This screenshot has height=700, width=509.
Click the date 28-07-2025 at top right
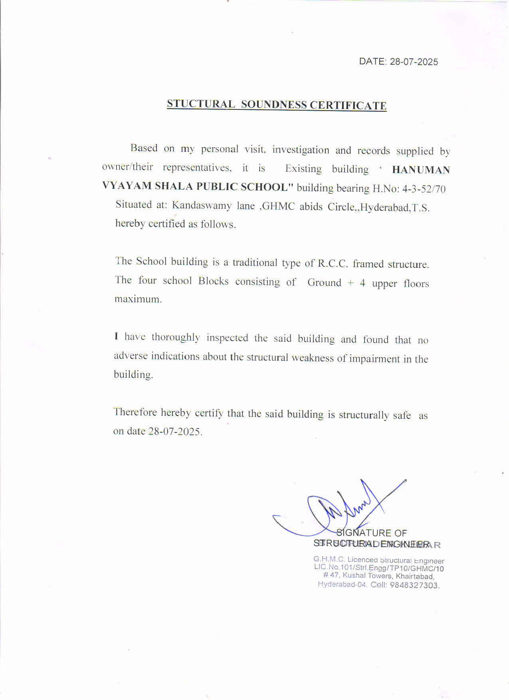coord(414,62)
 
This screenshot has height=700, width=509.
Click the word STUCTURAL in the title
coord(201,104)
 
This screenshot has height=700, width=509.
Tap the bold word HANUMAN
coord(421,170)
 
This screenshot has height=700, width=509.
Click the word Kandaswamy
coord(202,206)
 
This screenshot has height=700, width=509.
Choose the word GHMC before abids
coord(278,206)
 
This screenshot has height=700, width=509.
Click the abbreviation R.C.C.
coord(333,264)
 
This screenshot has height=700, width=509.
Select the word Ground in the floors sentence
coord(324,283)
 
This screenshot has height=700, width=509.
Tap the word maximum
coord(138,299)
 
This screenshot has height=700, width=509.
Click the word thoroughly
coord(176,337)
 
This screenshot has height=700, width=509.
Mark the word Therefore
coord(135,412)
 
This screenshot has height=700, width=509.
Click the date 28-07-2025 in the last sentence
coord(175,432)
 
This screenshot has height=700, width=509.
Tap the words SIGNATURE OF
coord(372,533)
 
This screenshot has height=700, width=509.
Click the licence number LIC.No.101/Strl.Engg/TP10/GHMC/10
coord(378,568)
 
